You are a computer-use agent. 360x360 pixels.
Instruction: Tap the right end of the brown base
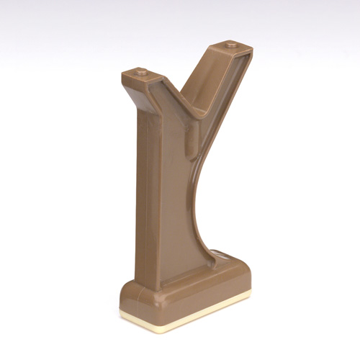click(249, 277)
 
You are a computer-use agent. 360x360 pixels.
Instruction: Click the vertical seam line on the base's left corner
click(153, 302)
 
